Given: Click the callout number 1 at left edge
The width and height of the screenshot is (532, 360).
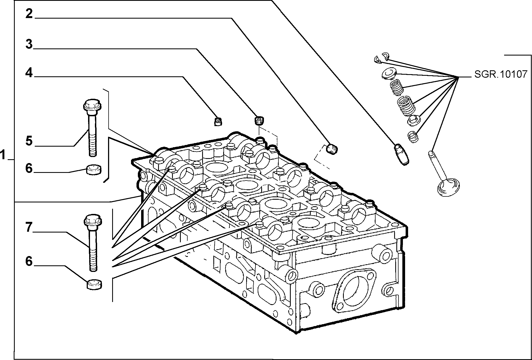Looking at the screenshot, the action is tap(3, 155).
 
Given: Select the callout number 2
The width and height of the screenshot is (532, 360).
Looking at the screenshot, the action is tap(29, 14).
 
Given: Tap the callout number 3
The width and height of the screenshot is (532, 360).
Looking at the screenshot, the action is tap(29, 44).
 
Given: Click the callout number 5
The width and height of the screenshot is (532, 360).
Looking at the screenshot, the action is tap(29, 141).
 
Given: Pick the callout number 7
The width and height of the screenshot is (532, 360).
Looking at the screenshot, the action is tap(29, 227).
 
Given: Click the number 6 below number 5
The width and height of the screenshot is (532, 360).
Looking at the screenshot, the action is tap(29, 168).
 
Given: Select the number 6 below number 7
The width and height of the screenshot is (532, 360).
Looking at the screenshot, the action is tap(29, 261).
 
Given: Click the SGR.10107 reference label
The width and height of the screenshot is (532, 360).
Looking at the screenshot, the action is tap(500, 74).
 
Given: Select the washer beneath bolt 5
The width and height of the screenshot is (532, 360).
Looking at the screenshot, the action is tap(94, 169).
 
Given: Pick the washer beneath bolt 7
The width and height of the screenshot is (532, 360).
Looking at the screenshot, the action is tap(94, 284).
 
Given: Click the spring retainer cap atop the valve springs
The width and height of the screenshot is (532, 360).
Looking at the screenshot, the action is tap(388, 74).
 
